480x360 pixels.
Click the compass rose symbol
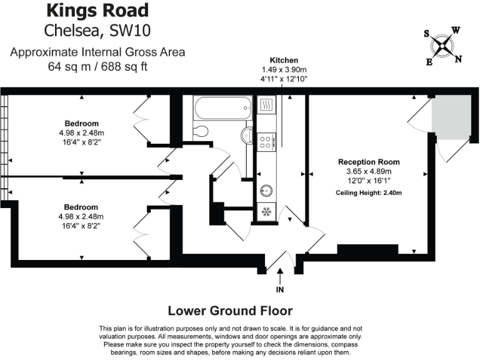coord(443,45)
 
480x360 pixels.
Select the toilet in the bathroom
coord(201,131)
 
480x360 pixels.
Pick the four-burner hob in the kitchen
coord(265,142)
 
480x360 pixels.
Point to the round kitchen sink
coord(265,189)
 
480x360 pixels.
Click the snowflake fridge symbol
coord(265,212)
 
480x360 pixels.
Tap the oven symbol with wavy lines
coord(265,105)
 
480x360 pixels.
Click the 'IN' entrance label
coord(279,290)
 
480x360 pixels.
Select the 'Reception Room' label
coord(368,162)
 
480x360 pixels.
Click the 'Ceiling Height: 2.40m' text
coord(368,192)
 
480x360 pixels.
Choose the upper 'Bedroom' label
coord(82,123)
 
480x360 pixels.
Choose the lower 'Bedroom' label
coord(82,207)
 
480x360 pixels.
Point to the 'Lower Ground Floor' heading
coord(230,311)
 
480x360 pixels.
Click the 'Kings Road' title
coord(97,11)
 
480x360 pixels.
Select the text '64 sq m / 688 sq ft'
coord(97,66)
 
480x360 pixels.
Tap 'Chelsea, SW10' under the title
coord(97,31)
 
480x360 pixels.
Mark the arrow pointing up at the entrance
coord(279,274)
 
